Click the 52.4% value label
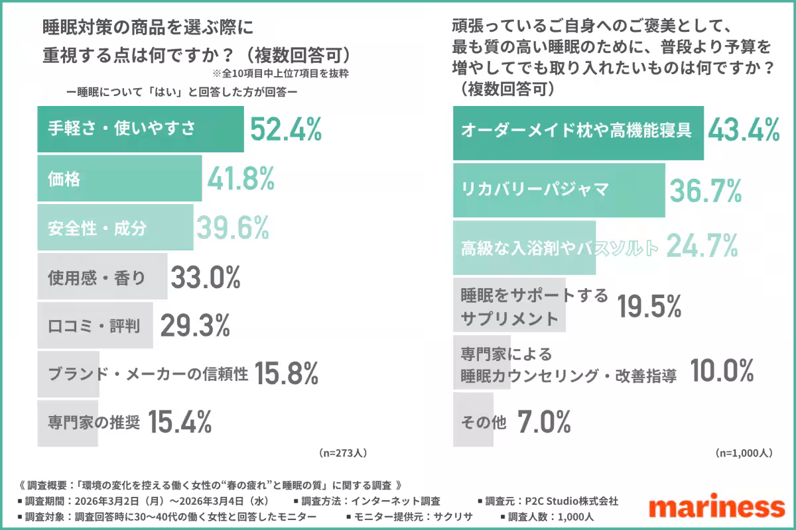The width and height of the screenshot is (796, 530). coord(286,129)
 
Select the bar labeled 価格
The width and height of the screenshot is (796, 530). coord(119,178)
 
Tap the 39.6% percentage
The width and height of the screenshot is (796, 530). coord(232,228)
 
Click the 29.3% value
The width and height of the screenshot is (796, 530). coord(194,325)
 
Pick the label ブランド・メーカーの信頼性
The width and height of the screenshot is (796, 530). coord(148,374)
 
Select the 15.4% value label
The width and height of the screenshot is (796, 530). coord(179,422)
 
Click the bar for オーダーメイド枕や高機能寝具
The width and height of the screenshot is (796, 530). coord(577,131)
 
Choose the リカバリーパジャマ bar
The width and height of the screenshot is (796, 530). coord(559,190)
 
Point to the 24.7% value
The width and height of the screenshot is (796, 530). coord(702,247)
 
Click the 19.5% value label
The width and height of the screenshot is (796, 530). coord(649,306)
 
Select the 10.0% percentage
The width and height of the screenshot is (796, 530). coord(722,371)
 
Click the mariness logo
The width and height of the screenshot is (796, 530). coord(716,507)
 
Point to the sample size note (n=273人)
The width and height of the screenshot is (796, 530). coord(342,453)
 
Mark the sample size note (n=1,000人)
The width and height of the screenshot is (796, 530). coord(744,453)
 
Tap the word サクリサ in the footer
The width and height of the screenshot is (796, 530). coord(453,516)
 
